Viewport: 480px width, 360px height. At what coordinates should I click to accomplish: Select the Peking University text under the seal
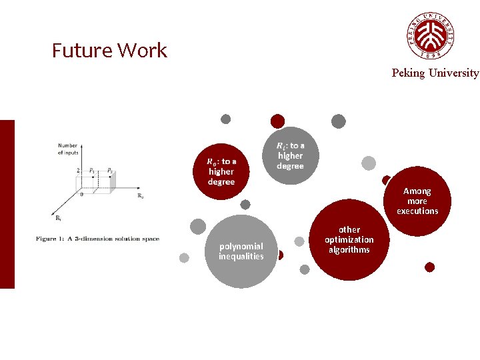point(435,73)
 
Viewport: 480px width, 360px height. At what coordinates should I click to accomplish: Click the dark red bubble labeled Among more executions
point(418,201)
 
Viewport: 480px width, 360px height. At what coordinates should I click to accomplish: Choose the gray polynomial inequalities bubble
point(241,251)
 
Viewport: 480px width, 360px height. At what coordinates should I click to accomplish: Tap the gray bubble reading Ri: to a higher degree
point(289,155)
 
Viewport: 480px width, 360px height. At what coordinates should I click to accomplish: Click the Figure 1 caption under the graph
point(97,239)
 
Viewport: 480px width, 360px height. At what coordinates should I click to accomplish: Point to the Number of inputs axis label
point(68,149)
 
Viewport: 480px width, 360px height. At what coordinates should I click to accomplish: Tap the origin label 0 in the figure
point(81,195)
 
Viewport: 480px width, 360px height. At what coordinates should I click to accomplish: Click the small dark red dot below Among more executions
point(429,267)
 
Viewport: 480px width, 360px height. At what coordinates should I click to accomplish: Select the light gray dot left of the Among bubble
point(369,163)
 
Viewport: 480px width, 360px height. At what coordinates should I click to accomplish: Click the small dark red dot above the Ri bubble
point(277,121)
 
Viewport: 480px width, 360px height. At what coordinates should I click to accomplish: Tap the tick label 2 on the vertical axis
point(78,171)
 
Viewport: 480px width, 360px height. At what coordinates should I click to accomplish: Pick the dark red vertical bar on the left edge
point(7,204)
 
